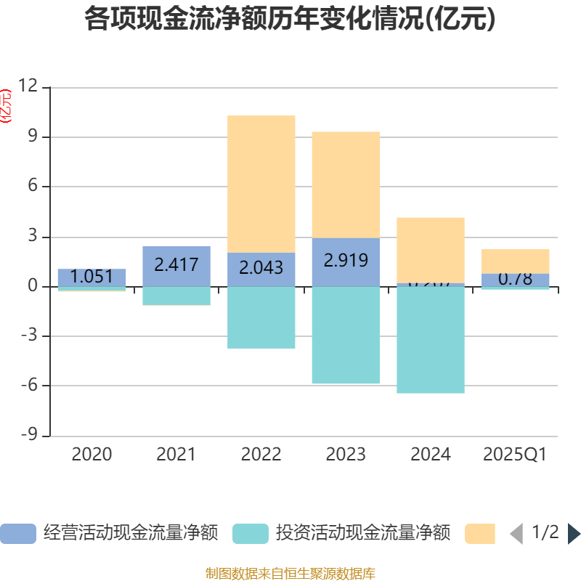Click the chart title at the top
[290, 20]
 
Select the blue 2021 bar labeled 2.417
[176, 266]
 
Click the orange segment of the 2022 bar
[261, 184]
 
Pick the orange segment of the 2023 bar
[346, 184]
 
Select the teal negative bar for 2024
[431, 340]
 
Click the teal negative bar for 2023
[346, 336]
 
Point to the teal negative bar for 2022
[261, 317]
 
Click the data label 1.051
[92, 277]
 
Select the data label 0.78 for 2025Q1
[515, 279]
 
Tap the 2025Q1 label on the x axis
[515, 455]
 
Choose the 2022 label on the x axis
[261, 455]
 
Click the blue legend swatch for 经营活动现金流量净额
[17, 534]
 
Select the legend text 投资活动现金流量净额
[363, 534]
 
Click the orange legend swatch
[480, 534]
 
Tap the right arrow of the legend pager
[574, 534]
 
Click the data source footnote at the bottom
[290, 574]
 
